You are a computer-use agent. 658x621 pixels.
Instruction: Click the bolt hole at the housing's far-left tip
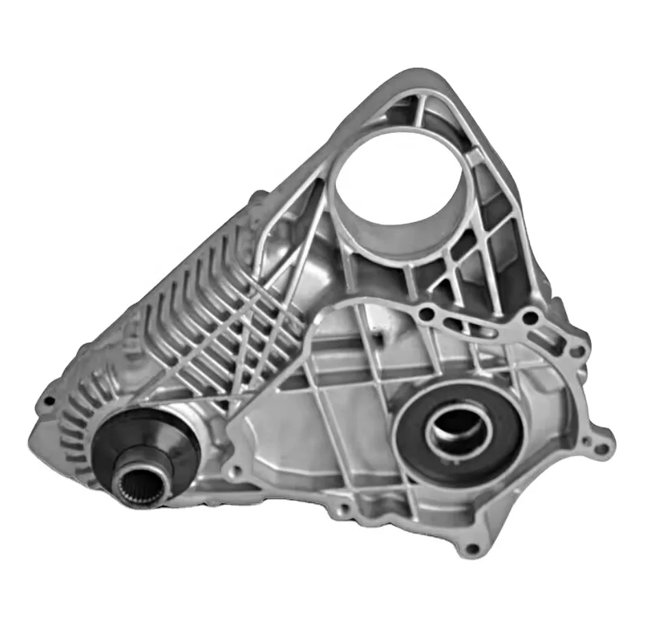click(x=48, y=402)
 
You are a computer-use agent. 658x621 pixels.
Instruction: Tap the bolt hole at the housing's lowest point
click(x=470, y=549)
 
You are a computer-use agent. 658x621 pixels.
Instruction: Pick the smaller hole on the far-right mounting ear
click(x=602, y=450)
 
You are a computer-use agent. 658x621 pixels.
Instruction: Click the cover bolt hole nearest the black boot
click(x=236, y=472)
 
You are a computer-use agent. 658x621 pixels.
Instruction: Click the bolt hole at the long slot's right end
click(x=529, y=318)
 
